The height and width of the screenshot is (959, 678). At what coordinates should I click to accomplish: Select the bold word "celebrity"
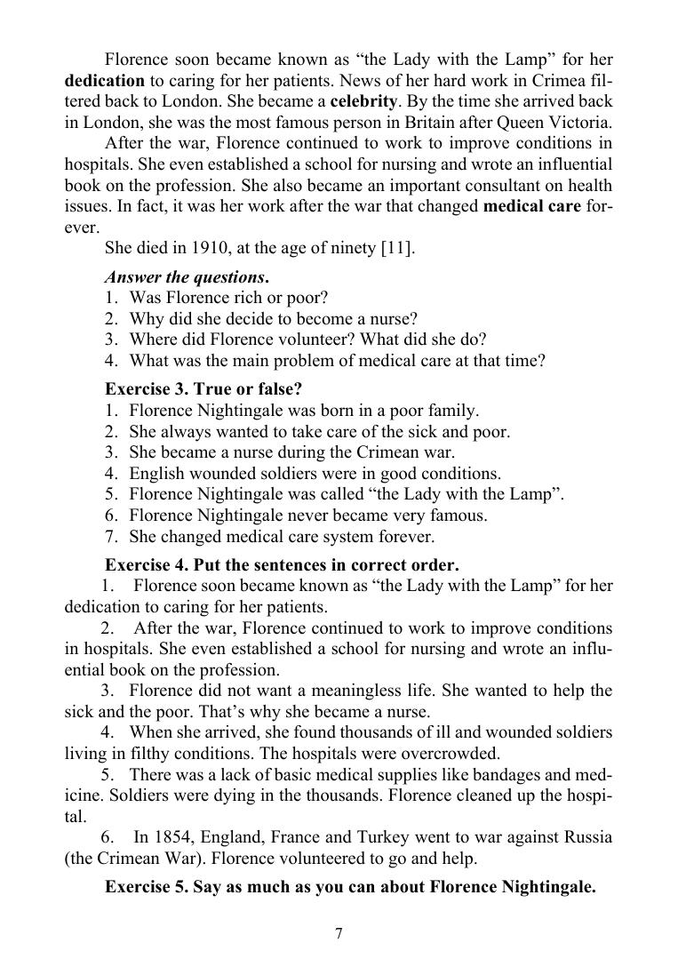pyautogui.click(x=364, y=100)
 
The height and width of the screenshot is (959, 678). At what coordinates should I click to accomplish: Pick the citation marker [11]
pyautogui.click(x=396, y=248)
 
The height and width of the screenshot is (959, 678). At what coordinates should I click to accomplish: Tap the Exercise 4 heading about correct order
pyautogui.click(x=282, y=564)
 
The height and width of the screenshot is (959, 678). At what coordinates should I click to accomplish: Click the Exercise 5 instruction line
pyautogui.click(x=350, y=886)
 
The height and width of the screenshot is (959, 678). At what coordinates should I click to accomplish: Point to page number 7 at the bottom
pyautogui.click(x=339, y=932)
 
